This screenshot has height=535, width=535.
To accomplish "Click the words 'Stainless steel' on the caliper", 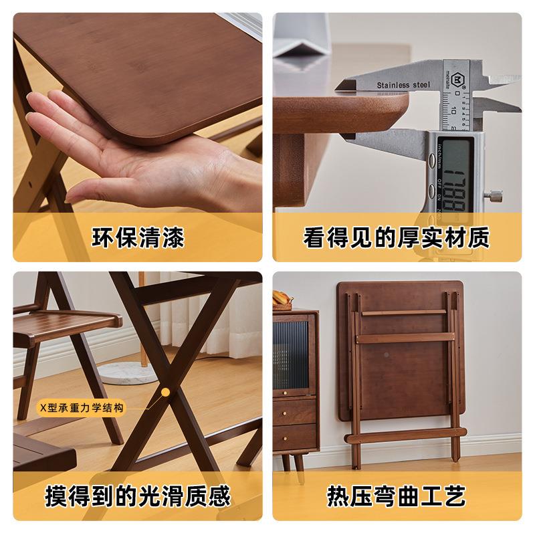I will point(404,85).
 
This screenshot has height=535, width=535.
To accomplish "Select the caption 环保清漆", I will point(137,237).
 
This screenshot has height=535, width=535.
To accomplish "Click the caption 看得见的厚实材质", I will point(397,237).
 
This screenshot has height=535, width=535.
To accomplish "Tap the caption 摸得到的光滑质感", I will point(137,496).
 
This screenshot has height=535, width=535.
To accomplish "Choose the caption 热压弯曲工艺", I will point(397,496).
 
